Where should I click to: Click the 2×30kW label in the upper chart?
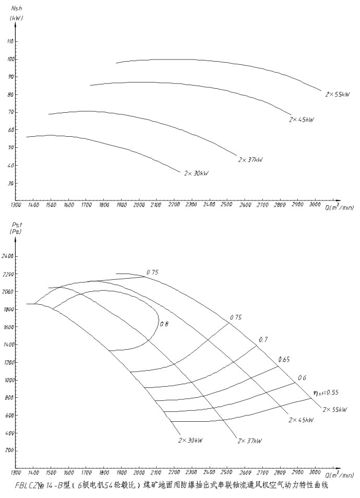(196, 173)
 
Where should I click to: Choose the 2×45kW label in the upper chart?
(302, 120)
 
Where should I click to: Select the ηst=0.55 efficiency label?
(325, 392)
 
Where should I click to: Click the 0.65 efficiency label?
(284, 359)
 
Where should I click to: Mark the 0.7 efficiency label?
(262, 340)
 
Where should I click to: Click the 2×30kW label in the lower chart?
(190, 440)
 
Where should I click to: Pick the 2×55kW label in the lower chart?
(335, 409)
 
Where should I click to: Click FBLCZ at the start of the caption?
(26, 485)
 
